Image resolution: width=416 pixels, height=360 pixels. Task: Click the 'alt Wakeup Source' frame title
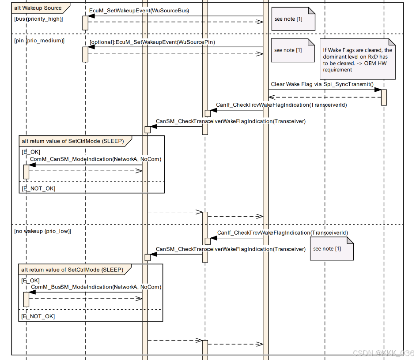(x=38, y=8)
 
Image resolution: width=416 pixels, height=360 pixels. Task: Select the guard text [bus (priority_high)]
(x=38, y=19)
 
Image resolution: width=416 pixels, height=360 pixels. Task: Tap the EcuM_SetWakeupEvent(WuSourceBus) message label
(x=139, y=11)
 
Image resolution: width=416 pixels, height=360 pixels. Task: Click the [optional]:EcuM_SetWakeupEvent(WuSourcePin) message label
(x=152, y=42)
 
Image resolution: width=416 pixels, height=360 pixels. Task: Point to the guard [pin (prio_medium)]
(x=39, y=41)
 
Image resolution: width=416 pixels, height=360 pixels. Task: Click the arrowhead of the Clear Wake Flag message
(x=378, y=90)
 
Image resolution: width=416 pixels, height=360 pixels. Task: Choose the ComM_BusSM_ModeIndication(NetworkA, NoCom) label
(x=96, y=287)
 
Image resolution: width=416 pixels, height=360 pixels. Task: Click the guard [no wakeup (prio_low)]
(x=42, y=231)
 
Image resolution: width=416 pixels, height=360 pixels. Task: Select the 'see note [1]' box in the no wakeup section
(x=332, y=249)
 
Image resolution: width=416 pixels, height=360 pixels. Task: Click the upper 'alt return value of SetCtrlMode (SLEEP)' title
(x=73, y=141)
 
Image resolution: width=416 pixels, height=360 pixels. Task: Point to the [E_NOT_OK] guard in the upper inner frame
(x=38, y=188)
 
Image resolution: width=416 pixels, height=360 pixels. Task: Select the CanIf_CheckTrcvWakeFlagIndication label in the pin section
(x=281, y=105)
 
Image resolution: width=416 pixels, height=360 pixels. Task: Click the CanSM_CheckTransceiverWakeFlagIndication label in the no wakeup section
(x=231, y=249)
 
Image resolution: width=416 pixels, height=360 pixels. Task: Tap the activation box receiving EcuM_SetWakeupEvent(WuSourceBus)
(x=85, y=23)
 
